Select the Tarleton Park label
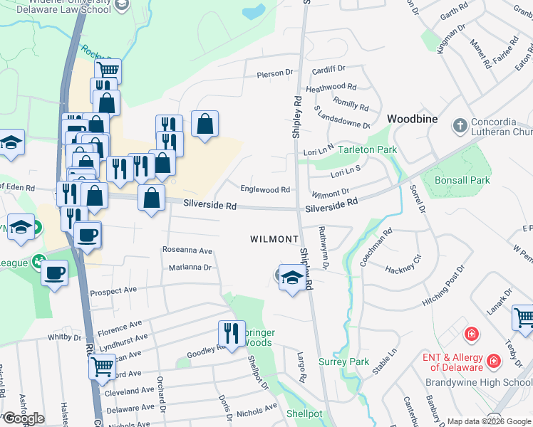click(x=367, y=150)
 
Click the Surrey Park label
click(x=343, y=362)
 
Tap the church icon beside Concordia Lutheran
click(x=460, y=125)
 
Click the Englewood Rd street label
click(x=265, y=190)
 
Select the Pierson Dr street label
click(x=275, y=73)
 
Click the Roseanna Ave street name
click(x=187, y=251)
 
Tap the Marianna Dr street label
click(x=191, y=268)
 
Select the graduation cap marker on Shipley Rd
click(x=291, y=277)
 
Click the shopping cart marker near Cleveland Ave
click(x=102, y=367)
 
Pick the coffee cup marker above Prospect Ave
click(x=54, y=272)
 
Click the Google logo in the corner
click(x=24, y=418)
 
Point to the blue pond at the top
click(x=253, y=11)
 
